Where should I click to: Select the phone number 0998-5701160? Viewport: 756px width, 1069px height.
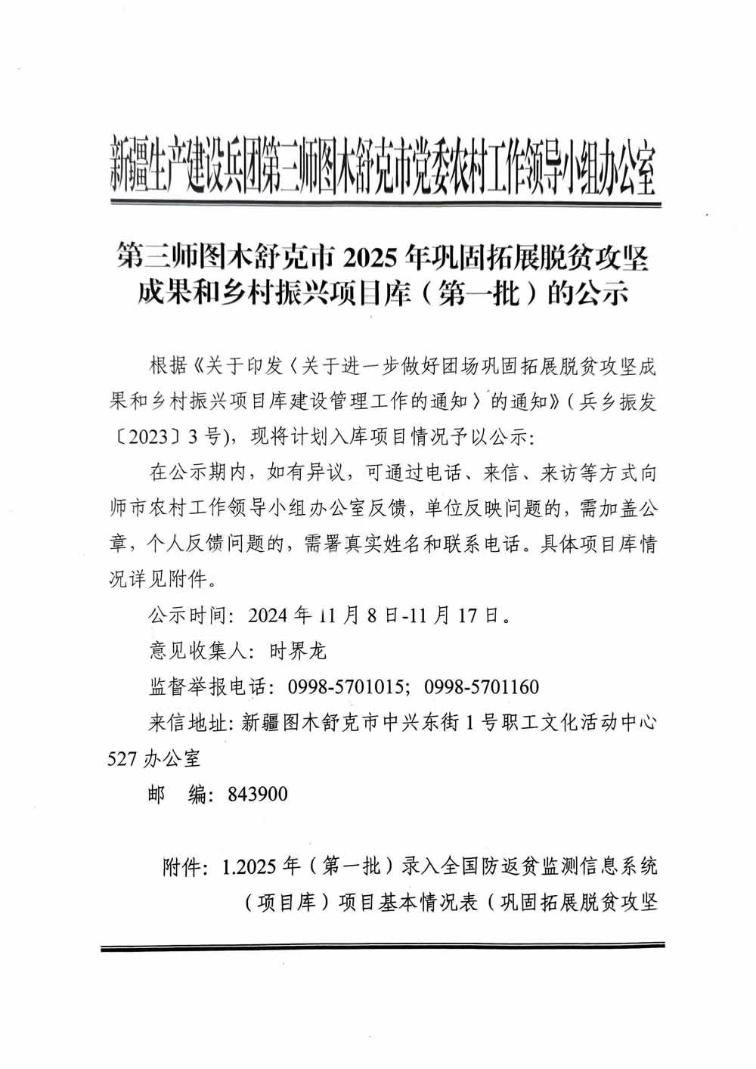[x=482, y=686]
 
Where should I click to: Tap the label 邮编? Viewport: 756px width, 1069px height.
[x=178, y=795]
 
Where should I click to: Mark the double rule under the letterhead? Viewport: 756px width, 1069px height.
[x=386, y=202]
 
